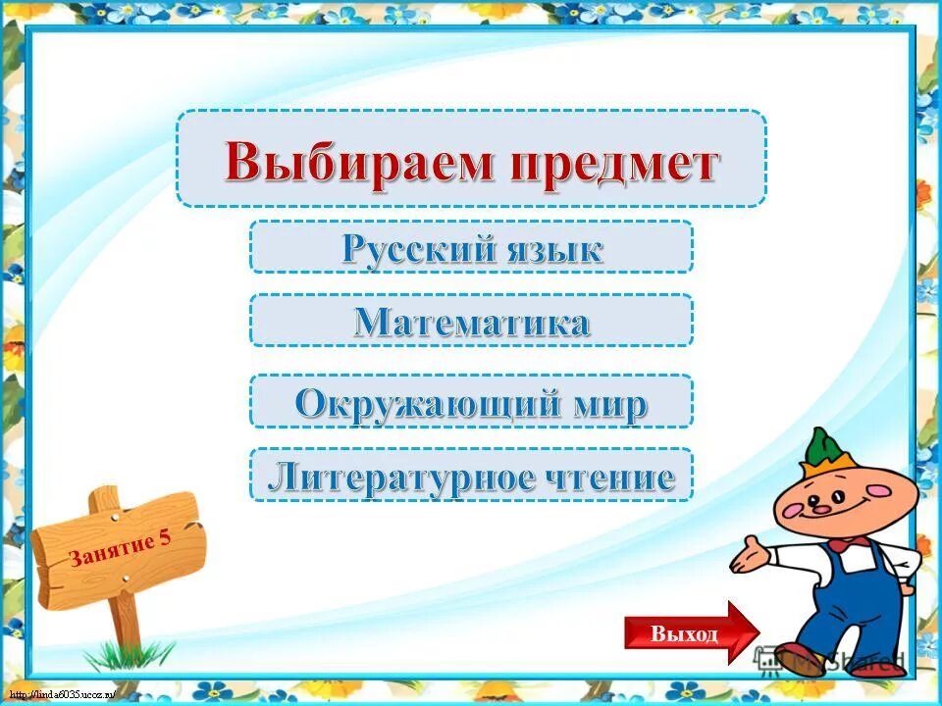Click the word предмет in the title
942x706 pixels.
tap(614, 161)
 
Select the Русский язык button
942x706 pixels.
tap(471, 247)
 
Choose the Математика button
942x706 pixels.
tap(471, 321)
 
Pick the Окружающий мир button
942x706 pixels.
tap(471, 401)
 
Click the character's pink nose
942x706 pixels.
tap(818, 508)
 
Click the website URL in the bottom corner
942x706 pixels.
tap(59, 694)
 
